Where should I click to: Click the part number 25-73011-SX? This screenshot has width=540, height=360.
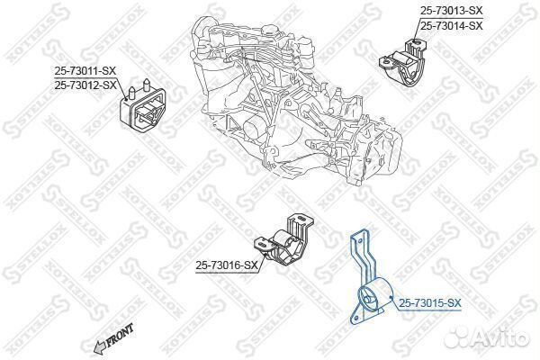(x=85, y=71)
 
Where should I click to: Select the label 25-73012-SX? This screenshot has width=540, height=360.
(x=85, y=85)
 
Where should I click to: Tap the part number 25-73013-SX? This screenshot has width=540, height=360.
(x=452, y=11)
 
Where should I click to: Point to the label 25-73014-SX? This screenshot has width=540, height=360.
(x=452, y=25)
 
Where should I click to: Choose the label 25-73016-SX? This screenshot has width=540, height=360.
(x=227, y=265)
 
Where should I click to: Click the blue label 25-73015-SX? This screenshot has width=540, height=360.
(x=430, y=303)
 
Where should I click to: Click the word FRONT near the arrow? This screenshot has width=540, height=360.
(x=120, y=335)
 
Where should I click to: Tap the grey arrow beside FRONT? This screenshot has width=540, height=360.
(x=100, y=347)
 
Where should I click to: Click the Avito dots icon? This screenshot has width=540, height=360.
(x=456, y=337)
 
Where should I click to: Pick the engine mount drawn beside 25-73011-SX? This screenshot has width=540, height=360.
(x=142, y=105)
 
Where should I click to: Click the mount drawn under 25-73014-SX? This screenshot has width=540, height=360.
(x=403, y=63)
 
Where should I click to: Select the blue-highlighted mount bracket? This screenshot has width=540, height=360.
(x=370, y=276)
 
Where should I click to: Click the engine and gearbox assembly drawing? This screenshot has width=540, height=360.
(x=295, y=100)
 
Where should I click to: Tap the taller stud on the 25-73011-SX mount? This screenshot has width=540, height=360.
(x=147, y=85)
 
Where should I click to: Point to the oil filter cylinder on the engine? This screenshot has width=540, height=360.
(x=255, y=129)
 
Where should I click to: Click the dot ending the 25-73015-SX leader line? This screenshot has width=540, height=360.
(x=391, y=298)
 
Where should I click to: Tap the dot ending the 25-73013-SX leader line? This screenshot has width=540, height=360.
(x=415, y=42)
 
